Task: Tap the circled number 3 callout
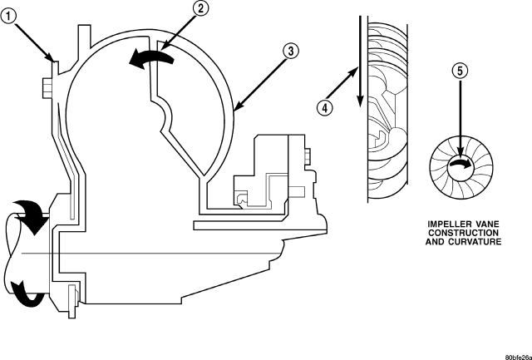(289, 51)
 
